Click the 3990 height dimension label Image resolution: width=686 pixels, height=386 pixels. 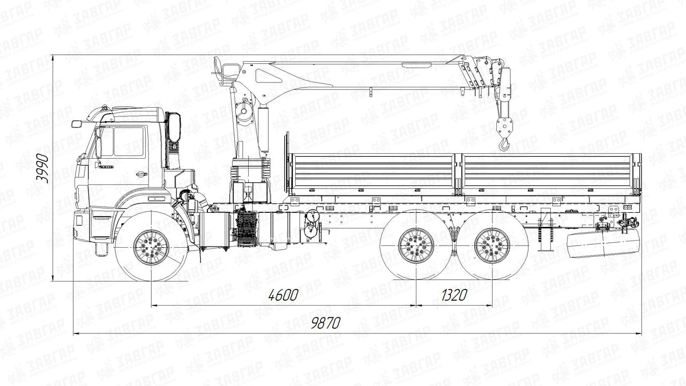[42, 169]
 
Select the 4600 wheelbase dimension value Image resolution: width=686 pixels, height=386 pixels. [284, 295]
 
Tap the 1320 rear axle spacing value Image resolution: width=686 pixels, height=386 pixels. [454, 295]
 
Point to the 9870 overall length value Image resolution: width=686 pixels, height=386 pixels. [326, 323]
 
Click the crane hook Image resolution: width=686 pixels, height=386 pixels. [504, 144]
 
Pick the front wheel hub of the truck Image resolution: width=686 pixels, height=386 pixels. [151, 247]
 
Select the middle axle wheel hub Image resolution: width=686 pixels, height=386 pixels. [416, 246]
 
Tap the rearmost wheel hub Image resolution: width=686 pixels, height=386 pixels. [492, 246]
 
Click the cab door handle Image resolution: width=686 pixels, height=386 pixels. [141, 174]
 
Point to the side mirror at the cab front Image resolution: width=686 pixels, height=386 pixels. [77, 124]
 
